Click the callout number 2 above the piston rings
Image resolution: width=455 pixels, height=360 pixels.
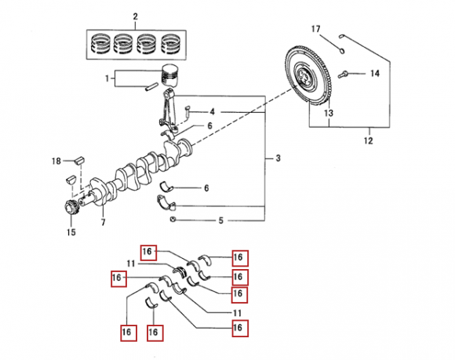[136, 16]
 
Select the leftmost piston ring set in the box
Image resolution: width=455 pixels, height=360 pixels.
[100, 45]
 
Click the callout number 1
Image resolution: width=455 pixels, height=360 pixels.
[107, 78]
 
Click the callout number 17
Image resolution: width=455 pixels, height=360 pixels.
[315, 29]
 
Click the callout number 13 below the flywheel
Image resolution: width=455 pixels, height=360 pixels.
[329, 113]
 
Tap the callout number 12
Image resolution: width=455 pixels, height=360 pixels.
[368, 140]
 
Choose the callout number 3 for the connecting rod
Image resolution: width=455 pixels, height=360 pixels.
[278, 158]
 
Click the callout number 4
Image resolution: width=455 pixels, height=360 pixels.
[212, 111]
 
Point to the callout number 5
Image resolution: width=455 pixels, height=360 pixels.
[220, 220]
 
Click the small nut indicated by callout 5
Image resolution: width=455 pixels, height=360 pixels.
[173, 220]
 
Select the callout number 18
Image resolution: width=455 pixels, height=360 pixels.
[56, 161]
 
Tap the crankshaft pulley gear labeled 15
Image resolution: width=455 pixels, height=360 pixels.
[71, 208]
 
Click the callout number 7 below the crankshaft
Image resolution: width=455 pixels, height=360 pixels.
[104, 222]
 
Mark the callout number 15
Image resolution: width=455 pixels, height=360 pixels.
[71, 232]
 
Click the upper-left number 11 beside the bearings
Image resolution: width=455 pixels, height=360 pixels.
[131, 264]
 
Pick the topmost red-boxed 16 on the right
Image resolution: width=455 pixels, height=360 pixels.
[240, 258]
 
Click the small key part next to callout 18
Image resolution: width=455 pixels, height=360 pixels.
[79, 160]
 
